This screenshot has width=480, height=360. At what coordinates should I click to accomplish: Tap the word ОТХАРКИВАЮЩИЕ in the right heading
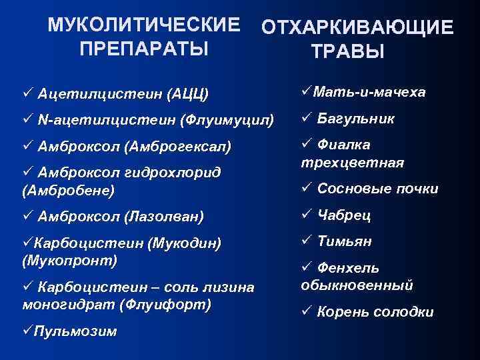click(x=358, y=28)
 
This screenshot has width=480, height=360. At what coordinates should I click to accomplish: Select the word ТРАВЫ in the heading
click(x=347, y=52)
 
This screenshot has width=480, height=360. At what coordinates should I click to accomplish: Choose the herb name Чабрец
click(x=344, y=215)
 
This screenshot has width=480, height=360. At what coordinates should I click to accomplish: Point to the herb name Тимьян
click(x=345, y=241)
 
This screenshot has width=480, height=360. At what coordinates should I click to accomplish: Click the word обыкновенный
click(x=357, y=285)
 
